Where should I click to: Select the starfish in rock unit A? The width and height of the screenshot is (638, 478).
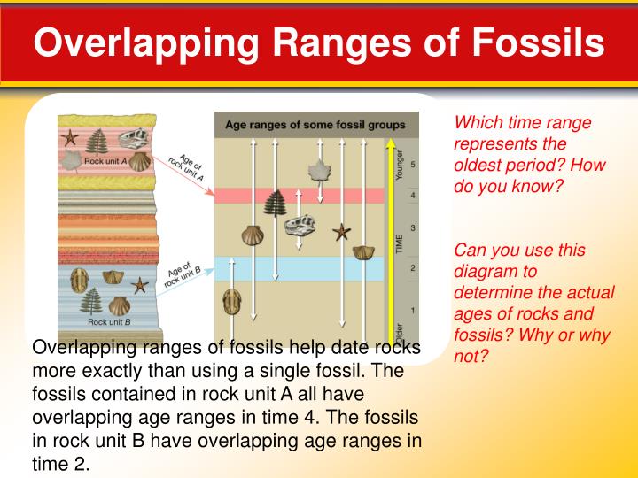[72, 139]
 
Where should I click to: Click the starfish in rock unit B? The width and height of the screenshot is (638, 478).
[139, 285]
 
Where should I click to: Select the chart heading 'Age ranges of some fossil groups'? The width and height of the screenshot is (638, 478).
[315, 125]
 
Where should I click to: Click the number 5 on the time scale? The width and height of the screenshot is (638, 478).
[413, 165]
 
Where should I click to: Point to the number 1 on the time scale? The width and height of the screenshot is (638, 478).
[413, 310]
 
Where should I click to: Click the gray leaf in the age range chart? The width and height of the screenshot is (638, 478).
[316, 170]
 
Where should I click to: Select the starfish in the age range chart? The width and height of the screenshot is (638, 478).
[341, 233]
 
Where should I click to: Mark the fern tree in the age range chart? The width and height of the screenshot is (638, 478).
[275, 203]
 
